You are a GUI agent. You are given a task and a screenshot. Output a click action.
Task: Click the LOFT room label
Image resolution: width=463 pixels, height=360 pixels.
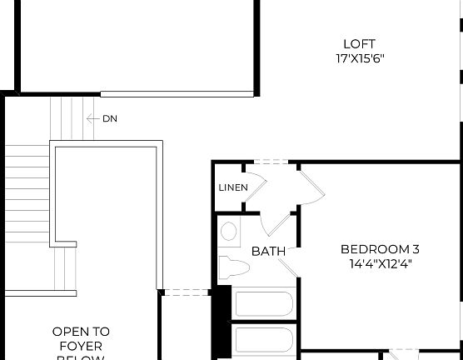point(359,44)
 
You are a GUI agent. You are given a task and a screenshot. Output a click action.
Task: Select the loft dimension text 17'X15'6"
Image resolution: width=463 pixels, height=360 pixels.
point(359,58)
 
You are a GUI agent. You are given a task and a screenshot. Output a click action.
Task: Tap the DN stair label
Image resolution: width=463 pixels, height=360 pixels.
point(110,119)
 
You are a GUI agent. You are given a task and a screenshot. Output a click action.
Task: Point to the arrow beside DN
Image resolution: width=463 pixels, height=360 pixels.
point(92,119)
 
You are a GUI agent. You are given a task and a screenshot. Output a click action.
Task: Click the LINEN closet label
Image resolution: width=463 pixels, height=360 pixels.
point(233,187)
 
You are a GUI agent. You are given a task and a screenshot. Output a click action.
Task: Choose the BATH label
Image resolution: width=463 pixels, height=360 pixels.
point(268,251)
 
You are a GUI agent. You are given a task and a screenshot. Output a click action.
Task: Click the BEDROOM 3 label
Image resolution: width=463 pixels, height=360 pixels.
point(380,249)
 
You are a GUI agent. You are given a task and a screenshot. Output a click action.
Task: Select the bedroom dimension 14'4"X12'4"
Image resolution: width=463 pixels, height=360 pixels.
point(380,263)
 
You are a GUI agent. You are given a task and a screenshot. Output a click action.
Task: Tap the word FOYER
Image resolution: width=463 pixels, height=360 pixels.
point(81,345)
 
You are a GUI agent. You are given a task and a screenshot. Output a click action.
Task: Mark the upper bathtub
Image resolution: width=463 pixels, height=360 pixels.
point(263,303)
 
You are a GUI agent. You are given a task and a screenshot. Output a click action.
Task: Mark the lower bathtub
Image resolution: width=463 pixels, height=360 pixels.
point(263,340)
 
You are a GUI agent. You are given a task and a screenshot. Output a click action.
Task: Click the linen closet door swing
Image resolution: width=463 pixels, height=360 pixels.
point(257,185)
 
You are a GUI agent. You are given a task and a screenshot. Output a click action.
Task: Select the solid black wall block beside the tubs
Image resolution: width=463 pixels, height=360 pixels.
point(222,322)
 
